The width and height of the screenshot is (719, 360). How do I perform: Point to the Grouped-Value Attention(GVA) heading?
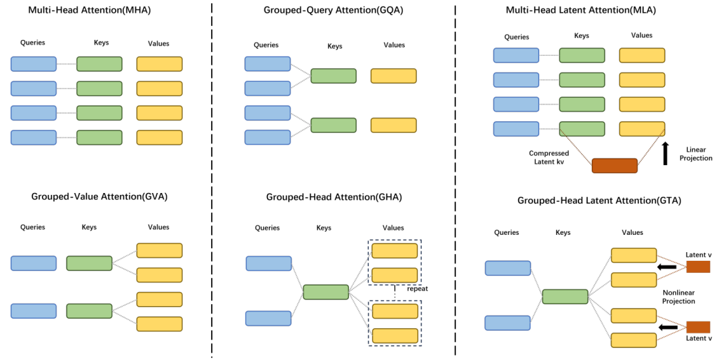[99, 196]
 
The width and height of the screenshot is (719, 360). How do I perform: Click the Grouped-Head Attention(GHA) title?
[334, 197]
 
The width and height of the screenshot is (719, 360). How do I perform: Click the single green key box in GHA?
[326, 291]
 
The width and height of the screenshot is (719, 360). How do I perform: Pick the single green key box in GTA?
[565, 296]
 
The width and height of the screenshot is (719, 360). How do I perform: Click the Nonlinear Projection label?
[678, 297]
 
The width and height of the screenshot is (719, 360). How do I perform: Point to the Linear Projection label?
[696, 154]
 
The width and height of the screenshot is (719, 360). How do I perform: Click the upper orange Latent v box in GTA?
[698, 267]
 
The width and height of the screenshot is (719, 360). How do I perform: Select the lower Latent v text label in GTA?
[698, 339]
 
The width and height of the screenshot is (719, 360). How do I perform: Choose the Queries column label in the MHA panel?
[33, 43]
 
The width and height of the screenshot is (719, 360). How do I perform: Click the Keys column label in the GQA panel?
[335, 47]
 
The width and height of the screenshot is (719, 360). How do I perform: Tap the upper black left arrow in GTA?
[668, 268]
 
